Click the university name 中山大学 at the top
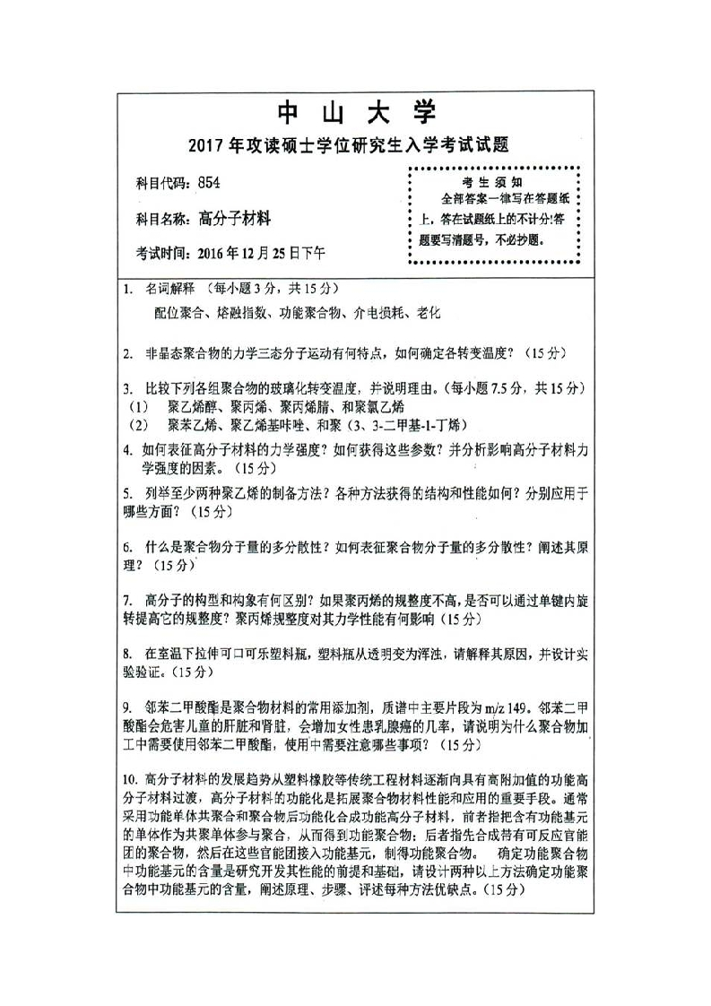[x=355, y=114]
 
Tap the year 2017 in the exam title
[x=209, y=145]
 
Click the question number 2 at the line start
[x=128, y=353]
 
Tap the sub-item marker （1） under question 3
[x=136, y=406]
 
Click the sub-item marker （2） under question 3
[x=136, y=423]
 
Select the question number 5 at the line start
[x=128, y=493]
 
